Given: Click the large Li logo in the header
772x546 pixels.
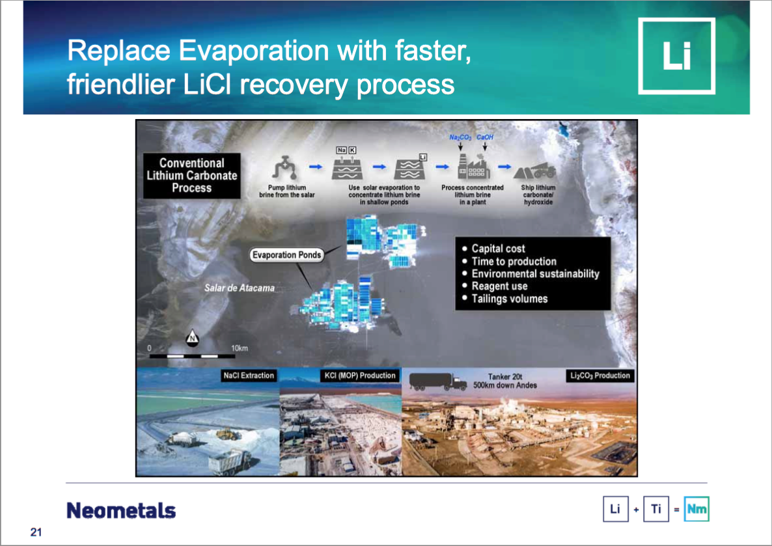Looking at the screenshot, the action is point(676,55).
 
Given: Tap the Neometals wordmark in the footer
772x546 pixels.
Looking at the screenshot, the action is point(121,511).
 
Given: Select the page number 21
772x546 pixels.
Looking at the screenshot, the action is point(36,532).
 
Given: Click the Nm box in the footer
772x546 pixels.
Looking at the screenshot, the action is point(696,509).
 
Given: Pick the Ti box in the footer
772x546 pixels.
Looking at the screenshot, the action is point(655,509).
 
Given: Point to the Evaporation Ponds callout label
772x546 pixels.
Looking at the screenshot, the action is point(286,255).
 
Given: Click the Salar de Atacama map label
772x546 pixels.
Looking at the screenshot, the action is point(240,288).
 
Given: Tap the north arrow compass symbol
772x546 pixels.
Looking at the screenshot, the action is point(193,338).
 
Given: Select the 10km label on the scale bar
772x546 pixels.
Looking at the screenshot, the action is point(240,348).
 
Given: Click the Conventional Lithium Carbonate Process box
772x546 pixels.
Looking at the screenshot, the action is point(191,175).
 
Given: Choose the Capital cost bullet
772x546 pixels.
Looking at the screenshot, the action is point(493,249).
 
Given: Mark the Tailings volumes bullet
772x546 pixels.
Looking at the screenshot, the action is point(504,299).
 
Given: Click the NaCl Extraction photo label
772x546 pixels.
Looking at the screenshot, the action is point(249,375).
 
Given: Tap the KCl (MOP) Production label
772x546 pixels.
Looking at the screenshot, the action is point(360,375).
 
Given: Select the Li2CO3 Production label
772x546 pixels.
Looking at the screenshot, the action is point(600,375).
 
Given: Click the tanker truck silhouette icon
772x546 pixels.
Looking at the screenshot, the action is point(437,381).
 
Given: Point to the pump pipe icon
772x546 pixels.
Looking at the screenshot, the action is point(285,168).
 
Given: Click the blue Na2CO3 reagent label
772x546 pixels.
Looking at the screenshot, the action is point(460,137).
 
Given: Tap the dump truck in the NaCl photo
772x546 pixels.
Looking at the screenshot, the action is point(230,462).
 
